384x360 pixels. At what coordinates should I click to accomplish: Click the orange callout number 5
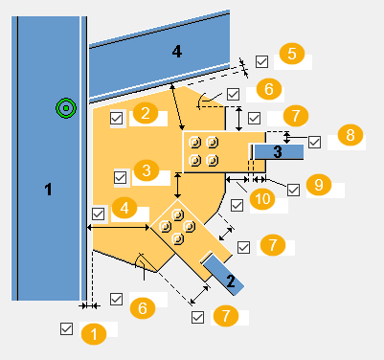(x=292, y=54)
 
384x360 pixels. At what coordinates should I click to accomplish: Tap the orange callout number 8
(x=350, y=135)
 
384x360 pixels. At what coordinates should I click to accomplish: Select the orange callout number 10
(x=262, y=199)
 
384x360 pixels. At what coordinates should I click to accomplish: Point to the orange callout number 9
(x=319, y=185)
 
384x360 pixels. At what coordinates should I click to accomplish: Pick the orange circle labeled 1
(x=94, y=334)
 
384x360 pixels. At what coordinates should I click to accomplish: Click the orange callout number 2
(x=146, y=113)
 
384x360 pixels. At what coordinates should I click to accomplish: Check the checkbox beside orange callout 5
(x=261, y=61)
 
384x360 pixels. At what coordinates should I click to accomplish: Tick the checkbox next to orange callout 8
(x=314, y=142)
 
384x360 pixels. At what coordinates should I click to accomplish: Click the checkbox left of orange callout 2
(x=117, y=118)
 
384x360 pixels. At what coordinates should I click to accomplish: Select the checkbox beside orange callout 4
(x=98, y=214)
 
